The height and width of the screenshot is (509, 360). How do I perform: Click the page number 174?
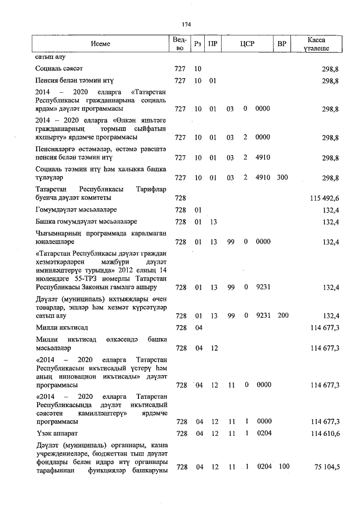click(x=186, y=24)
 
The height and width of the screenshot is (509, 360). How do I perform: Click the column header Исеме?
click(x=100, y=44)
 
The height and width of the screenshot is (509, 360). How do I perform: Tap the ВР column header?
click(x=282, y=44)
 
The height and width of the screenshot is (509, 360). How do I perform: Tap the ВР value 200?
click(x=283, y=316)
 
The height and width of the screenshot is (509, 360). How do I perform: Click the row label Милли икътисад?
click(x=62, y=327)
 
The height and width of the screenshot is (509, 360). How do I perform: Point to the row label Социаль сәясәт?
click(x=59, y=69)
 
